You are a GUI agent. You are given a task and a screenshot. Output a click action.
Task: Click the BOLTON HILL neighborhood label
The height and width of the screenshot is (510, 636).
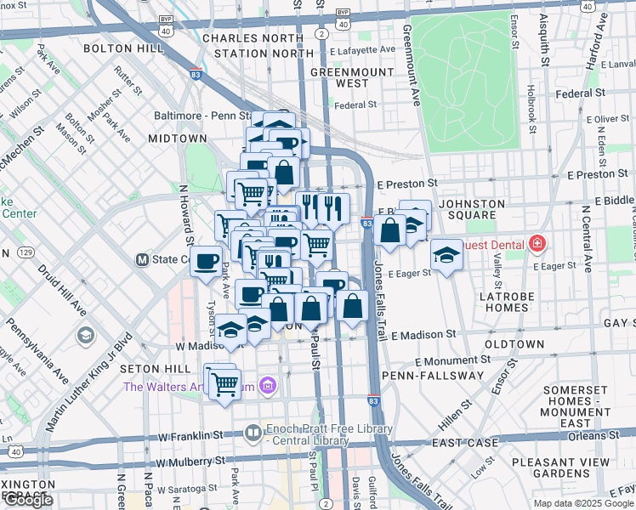point(123,48)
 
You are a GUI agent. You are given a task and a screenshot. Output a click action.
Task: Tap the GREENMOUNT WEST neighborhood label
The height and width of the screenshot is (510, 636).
point(339,77)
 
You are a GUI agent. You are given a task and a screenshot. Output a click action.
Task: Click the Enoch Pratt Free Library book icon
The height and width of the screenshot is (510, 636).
point(253,433)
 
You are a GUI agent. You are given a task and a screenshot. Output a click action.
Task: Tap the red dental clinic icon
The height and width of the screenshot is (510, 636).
point(537,245)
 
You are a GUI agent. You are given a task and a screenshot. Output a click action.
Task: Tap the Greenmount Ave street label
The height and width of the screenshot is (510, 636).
point(412,64)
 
